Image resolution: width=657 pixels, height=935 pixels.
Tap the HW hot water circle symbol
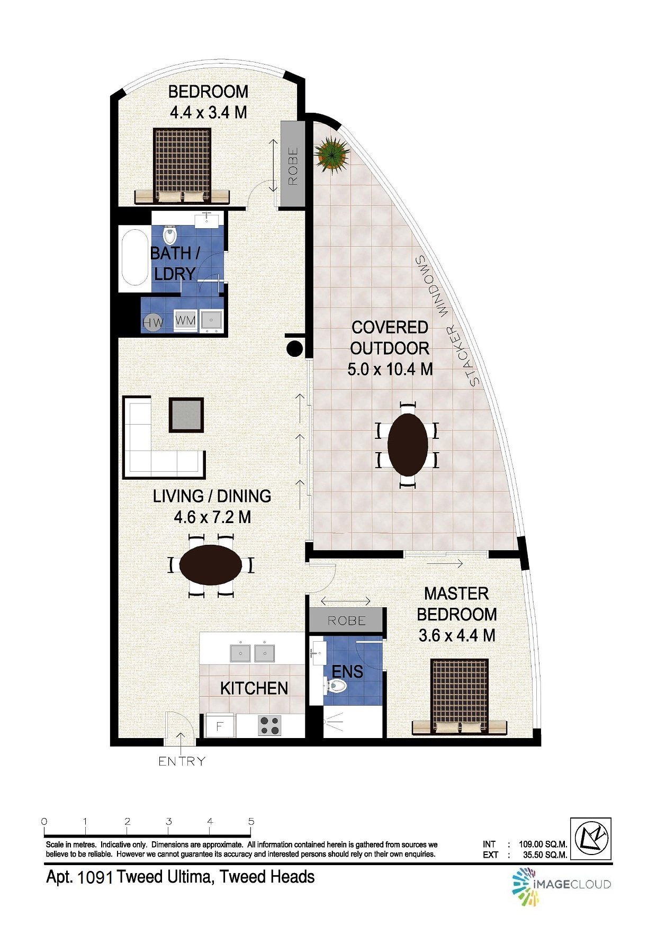(153, 322)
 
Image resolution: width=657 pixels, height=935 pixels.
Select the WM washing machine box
(185, 321)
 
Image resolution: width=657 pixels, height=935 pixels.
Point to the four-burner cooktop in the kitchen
(269, 725)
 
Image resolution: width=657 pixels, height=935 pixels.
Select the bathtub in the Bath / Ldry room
(134, 257)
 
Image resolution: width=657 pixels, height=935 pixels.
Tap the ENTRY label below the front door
(182, 761)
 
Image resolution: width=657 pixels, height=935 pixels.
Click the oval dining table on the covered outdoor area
(408, 445)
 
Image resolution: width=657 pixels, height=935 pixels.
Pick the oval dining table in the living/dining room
(211, 565)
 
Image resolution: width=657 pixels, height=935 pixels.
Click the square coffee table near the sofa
(186, 415)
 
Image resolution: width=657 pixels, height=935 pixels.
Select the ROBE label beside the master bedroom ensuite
(346, 621)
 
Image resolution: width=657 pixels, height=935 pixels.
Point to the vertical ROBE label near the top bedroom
(293, 166)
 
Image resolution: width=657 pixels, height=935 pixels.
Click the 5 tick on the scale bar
(251, 822)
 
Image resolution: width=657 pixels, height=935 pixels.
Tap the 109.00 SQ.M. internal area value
(543, 844)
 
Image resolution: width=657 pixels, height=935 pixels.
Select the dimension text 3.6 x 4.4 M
(456, 635)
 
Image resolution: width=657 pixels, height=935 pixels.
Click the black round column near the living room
(295, 348)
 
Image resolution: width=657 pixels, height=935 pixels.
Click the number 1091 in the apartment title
(95, 878)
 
